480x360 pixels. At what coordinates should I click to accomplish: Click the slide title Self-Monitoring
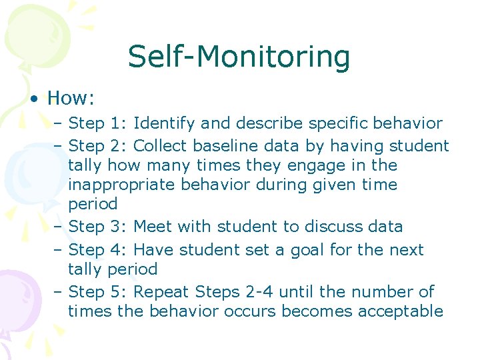(x=239, y=57)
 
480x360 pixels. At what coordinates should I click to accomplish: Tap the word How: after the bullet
(x=71, y=99)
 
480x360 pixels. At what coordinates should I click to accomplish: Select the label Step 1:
(x=98, y=123)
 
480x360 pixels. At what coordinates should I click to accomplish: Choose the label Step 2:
(x=98, y=145)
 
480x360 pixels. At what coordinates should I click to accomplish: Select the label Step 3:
(x=98, y=227)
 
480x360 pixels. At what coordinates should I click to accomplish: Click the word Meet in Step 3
(x=155, y=227)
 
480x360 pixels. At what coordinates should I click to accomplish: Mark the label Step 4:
(x=98, y=250)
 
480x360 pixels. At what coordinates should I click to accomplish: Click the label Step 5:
(x=98, y=292)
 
